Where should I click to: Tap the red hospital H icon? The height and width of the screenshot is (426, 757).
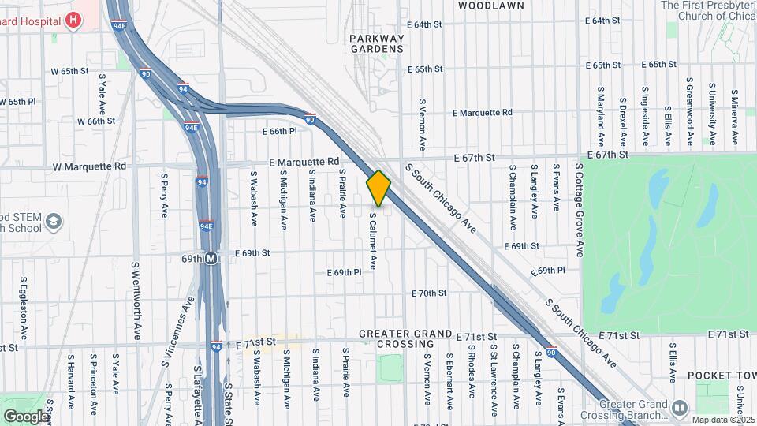coord(73,20)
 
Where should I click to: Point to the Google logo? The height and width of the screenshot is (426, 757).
coord(26,417)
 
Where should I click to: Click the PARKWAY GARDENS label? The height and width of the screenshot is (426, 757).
coord(377,43)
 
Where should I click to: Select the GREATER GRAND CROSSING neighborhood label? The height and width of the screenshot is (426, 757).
coord(406,339)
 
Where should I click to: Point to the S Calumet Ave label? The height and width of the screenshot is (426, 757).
coord(372,241)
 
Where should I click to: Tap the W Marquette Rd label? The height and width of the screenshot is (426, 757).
coord(89,166)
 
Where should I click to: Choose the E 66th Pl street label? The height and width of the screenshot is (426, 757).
coord(279,131)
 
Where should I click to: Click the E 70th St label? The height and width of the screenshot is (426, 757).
coord(430,293)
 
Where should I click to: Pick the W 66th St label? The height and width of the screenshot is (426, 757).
coord(96,121)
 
